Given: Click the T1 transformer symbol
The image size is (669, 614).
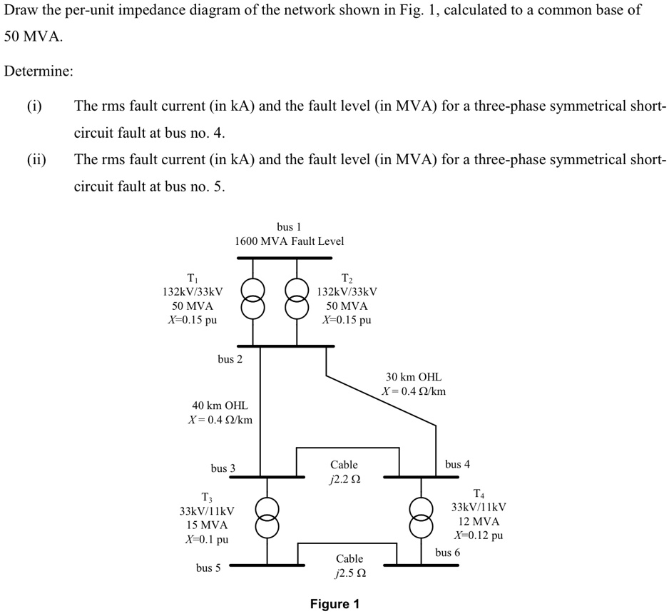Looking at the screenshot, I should [252, 299].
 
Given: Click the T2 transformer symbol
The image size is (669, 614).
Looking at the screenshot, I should [297, 299].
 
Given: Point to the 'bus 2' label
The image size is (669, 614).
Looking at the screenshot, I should [230, 359].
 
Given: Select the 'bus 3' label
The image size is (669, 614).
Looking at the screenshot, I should [223, 468].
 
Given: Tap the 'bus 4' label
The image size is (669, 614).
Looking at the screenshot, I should [457, 464].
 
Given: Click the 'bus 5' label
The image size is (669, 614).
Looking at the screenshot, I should [208, 568].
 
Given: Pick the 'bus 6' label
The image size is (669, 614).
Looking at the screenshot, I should [447, 553].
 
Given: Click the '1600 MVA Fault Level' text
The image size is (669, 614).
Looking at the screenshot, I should [289, 241].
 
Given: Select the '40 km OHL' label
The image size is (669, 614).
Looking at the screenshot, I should [220, 406].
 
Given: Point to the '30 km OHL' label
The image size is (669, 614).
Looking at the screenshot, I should [414, 376].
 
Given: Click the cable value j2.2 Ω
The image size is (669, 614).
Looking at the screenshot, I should [344, 479].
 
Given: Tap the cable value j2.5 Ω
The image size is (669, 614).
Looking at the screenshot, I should [349, 573].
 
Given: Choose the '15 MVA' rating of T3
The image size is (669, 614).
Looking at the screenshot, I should [206, 525].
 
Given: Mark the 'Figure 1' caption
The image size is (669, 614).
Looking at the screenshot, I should [334, 604].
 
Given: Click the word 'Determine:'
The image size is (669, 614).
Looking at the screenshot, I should [39, 71].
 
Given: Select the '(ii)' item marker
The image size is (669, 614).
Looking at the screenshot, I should [36, 158].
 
